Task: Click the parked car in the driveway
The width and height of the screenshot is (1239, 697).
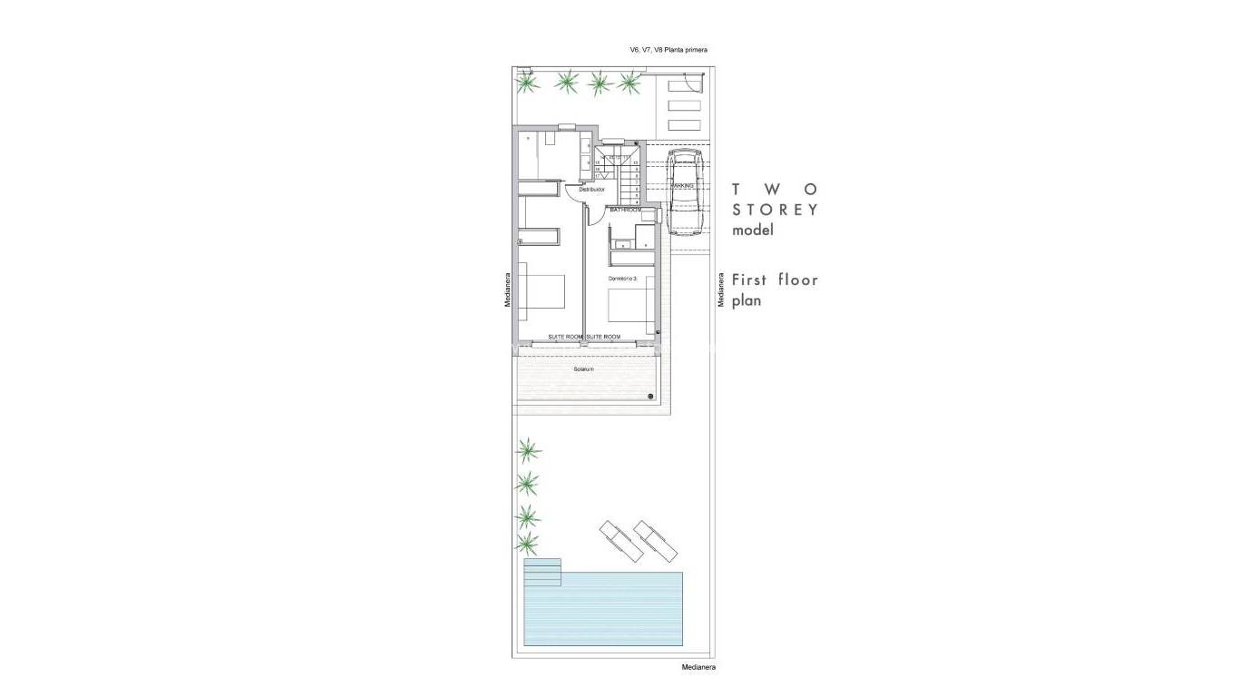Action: click(684, 192)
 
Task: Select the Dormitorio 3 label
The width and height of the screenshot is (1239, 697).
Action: click(622, 278)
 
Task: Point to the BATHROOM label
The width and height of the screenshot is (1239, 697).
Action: click(626, 210)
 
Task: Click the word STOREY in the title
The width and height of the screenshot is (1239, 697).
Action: click(776, 210)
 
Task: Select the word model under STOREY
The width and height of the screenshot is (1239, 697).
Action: click(753, 231)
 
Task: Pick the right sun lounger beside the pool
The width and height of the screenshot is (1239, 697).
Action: click(655, 542)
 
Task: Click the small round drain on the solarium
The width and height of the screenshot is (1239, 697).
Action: click(651, 397)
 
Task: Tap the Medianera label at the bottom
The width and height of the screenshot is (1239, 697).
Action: click(698, 667)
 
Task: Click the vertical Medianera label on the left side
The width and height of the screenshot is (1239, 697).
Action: click(509, 290)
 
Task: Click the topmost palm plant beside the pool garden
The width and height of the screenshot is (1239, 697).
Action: click(528, 449)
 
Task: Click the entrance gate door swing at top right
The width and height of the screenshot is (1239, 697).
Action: click(693, 83)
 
